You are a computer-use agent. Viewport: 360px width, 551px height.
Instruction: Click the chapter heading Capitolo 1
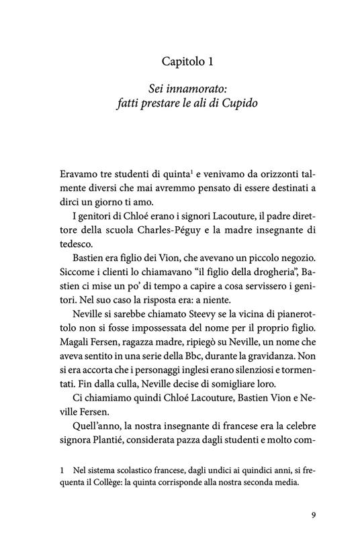187,62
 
